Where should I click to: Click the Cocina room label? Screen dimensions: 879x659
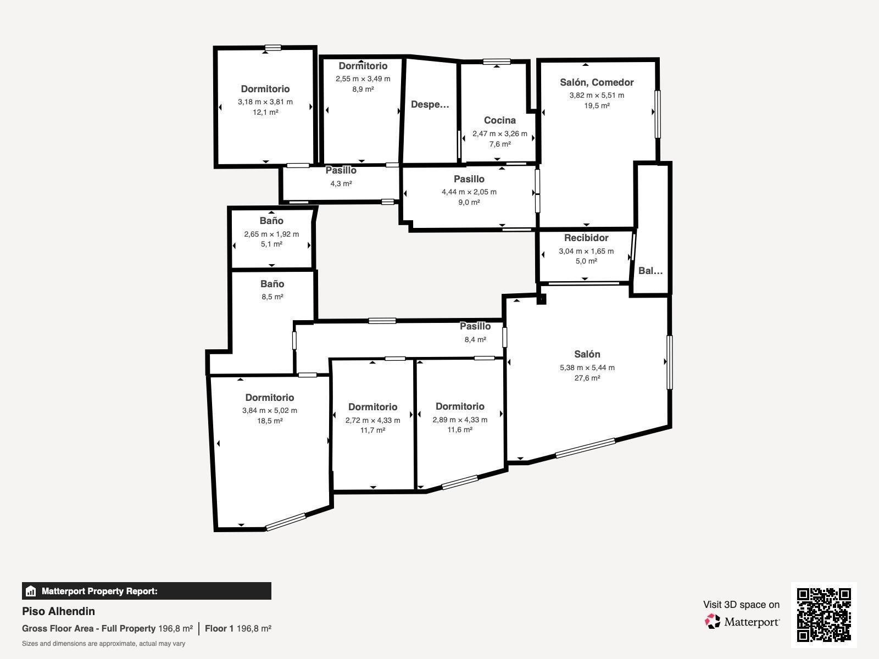[x=500, y=120]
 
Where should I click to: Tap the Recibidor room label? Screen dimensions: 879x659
[x=586, y=238]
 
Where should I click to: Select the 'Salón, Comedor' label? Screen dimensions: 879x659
[x=597, y=82]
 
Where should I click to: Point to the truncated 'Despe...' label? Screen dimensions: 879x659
[x=430, y=105]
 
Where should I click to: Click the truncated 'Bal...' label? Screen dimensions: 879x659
[x=650, y=271]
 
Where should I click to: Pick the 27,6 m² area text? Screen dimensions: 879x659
[x=587, y=378]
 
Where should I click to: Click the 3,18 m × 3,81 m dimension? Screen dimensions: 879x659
[x=265, y=102]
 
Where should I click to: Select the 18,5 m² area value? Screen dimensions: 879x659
[x=270, y=421]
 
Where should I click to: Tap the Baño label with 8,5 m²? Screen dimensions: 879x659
[x=272, y=284]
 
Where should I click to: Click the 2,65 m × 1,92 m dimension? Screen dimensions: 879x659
[x=271, y=234]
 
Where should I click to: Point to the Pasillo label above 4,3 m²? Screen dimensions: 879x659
[x=341, y=170]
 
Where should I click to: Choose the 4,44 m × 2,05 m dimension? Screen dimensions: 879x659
[x=469, y=192]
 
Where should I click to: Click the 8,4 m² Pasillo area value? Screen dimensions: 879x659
[x=475, y=340]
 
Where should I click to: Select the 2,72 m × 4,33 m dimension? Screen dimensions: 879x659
[x=372, y=420]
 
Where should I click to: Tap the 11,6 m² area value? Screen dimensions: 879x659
[x=460, y=430]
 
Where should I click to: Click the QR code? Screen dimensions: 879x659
[x=824, y=615]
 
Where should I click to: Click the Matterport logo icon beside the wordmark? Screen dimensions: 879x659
[x=713, y=622]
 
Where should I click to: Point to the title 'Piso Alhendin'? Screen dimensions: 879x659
[x=58, y=611]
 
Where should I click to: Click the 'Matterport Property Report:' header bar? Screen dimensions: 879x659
[x=147, y=591]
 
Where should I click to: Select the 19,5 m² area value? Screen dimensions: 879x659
[x=597, y=105]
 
